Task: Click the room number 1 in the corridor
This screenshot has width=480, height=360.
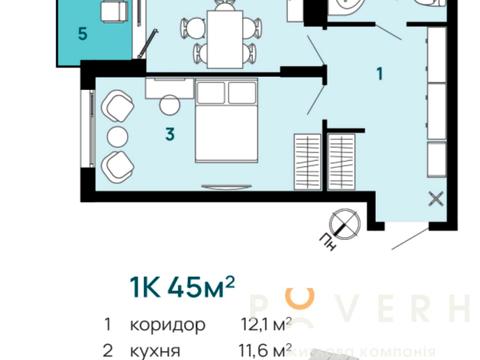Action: point(379,73)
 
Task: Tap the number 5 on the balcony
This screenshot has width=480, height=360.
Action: point(83,32)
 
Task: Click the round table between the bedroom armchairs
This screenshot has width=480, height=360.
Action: point(119,135)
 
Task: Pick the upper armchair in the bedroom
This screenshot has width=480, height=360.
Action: point(118,105)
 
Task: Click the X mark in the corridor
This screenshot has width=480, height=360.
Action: point(435,198)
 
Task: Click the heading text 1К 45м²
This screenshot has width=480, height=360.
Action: point(182,288)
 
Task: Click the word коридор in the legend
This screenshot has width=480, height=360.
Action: point(167,325)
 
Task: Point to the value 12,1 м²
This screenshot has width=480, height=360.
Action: point(263,325)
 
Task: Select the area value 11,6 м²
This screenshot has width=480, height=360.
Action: point(263,350)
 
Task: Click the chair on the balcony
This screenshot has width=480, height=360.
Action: point(112,12)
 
